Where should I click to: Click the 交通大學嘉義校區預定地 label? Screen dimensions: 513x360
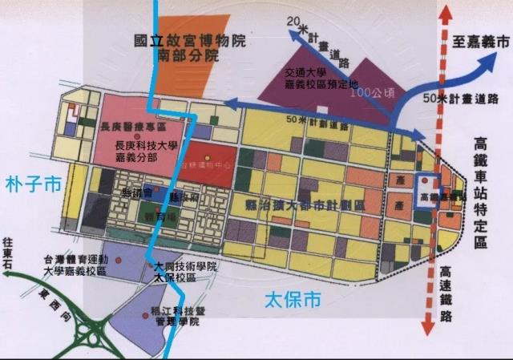point(317,79)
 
